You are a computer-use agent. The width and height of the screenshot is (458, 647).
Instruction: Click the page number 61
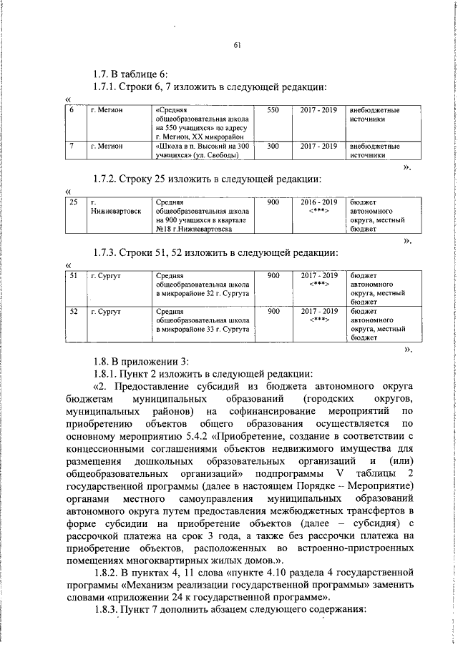pyautogui.click(x=236, y=46)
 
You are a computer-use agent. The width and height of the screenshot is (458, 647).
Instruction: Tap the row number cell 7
pyautogui.click(x=72, y=146)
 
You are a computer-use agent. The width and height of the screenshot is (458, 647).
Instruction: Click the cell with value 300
pyautogui.click(x=273, y=146)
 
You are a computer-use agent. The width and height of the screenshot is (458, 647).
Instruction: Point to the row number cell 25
pyautogui.click(x=73, y=203)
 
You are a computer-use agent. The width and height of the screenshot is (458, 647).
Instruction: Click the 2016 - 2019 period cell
pyautogui.click(x=319, y=207)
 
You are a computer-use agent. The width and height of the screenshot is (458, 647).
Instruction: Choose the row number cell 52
pyautogui.click(x=73, y=312)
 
